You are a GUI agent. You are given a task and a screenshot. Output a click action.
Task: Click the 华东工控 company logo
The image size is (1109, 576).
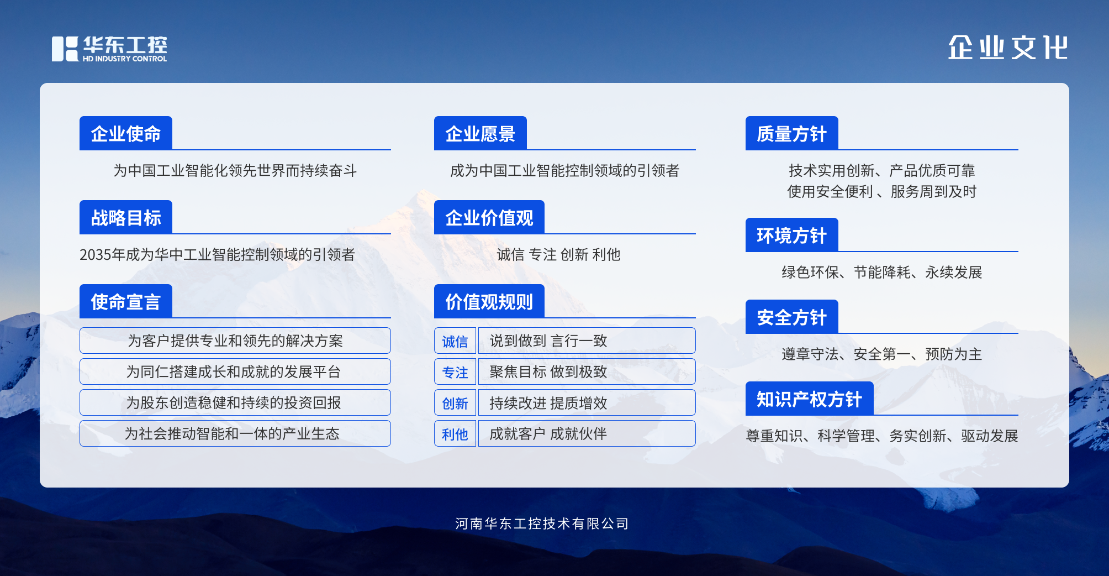pyautogui.click(x=109, y=49)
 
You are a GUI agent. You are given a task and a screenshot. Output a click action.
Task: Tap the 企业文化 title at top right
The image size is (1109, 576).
pyautogui.click(x=1008, y=48)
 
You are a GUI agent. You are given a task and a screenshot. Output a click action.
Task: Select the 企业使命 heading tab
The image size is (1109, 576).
pyautogui.click(x=126, y=133)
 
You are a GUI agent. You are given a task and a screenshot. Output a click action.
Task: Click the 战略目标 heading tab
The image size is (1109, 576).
pyautogui.click(x=126, y=217)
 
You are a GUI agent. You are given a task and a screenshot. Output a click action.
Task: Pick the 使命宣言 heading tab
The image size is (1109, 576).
pyautogui.click(x=126, y=301)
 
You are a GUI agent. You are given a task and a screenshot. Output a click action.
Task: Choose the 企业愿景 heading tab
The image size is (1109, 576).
pyautogui.click(x=480, y=133)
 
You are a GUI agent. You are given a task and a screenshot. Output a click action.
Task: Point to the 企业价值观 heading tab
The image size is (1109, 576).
pyautogui.click(x=489, y=217)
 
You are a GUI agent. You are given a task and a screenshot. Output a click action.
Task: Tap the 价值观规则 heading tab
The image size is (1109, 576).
pyautogui.click(x=489, y=301)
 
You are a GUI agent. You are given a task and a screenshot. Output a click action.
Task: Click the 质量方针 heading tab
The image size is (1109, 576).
pyautogui.click(x=792, y=133)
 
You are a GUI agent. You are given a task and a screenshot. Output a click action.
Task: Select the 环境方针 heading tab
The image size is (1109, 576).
pyautogui.click(x=792, y=235)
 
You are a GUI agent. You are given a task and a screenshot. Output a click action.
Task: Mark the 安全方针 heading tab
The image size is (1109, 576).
pyautogui.click(x=792, y=317)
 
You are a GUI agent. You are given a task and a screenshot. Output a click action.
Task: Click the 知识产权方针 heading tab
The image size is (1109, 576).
pyautogui.click(x=810, y=399)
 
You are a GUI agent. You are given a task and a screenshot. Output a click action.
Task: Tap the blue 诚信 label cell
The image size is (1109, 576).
pyautogui.click(x=455, y=341)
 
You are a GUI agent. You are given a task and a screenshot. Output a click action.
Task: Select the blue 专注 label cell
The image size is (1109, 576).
pyautogui.click(x=455, y=371)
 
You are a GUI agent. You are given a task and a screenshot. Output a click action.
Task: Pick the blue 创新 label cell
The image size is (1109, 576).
pyautogui.click(x=455, y=402)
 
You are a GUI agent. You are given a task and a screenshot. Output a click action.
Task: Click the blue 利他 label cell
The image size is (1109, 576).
pyautogui.click(x=455, y=433)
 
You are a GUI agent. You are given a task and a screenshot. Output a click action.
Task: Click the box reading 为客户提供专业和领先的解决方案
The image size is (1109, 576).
pyautogui.click(x=235, y=341)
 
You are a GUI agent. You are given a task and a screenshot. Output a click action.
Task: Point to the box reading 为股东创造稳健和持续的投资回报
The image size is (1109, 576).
pyautogui.click(x=235, y=402)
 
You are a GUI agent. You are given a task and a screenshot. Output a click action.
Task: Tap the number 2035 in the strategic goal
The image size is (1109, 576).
pyautogui.click(x=96, y=255)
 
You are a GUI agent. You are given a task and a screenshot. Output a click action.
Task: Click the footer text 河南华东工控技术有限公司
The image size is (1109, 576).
pyautogui.click(x=542, y=523)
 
